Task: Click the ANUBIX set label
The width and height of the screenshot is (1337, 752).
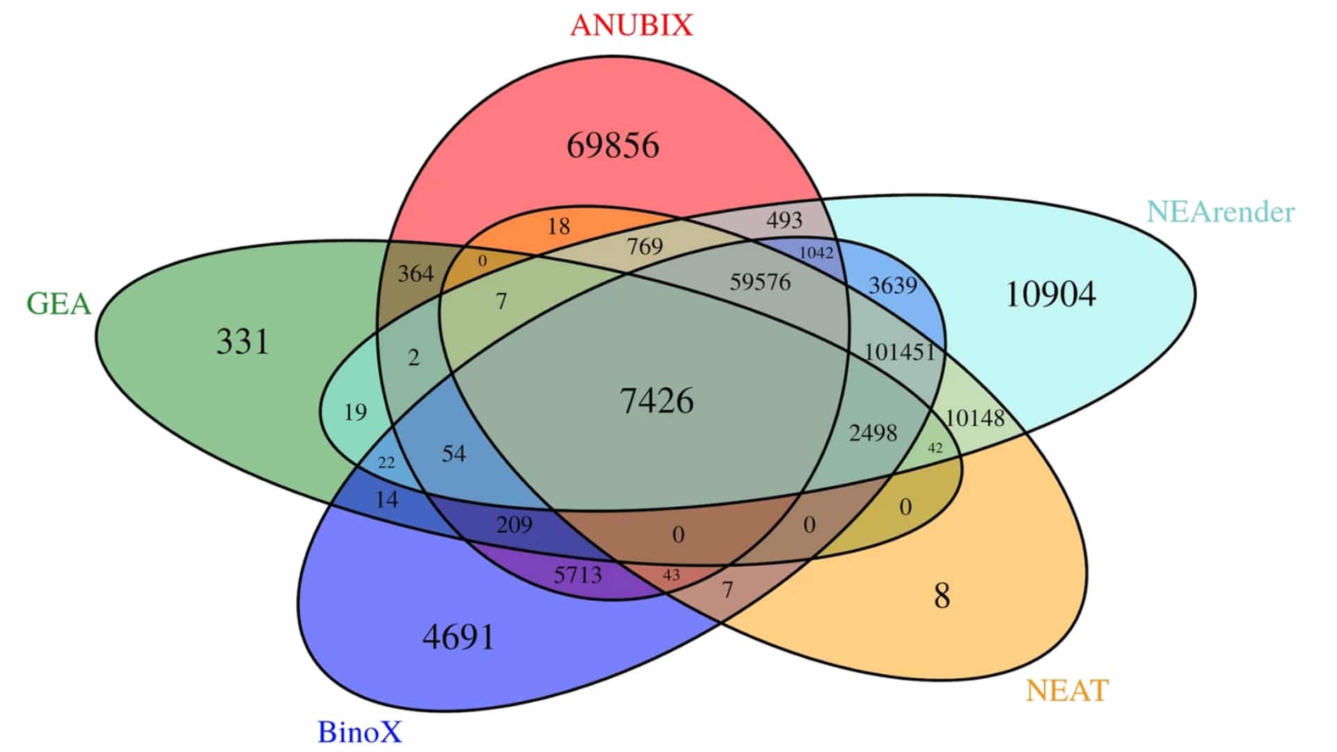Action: click(x=632, y=26)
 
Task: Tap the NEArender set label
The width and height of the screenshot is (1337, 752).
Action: click(x=1220, y=212)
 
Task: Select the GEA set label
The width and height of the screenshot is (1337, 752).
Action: click(x=58, y=304)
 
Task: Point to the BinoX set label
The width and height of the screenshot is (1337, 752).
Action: click(x=359, y=732)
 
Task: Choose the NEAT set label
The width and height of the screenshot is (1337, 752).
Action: click(x=1067, y=690)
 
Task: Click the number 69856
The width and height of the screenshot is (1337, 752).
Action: click(x=612, y=146)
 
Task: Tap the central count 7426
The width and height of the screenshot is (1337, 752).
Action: click(x=656, y=401)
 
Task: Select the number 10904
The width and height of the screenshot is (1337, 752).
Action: click(x=1050, y=294)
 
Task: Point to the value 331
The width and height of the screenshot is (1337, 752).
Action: click(x=242, y=341)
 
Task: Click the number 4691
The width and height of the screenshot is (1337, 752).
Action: click(x=458, y=637)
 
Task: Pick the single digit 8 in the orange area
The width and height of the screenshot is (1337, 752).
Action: click(x=941, y=596)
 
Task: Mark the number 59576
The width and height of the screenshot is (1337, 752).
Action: click(x=760, y=282)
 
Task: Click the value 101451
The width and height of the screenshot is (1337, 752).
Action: click(x=899, y=352)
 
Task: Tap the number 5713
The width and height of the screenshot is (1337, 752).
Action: click(x=577, y=575)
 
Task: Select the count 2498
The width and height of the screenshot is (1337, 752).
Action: click(x=873, y=433)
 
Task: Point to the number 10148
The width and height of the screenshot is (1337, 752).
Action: click(x=974, y=418)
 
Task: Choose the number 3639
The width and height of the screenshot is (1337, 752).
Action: click(x=892, y=285)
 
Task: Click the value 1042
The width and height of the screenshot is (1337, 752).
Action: click(x=816, y=253)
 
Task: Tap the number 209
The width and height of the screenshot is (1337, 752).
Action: click(x=514, y=524)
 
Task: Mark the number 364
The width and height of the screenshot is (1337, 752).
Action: click(x=416, y=273)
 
